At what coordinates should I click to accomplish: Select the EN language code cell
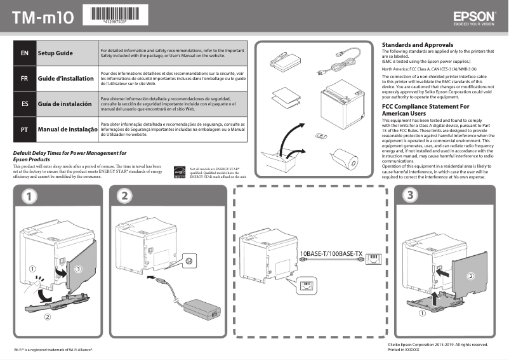(x=24, y=53)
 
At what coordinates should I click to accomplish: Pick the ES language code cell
(x=24, y=103)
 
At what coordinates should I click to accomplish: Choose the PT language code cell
(x=24, y=129)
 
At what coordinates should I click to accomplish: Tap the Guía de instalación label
(x=66, y=103)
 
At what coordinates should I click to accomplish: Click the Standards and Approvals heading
(x=417, y=45)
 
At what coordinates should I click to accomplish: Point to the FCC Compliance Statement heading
(x=425, y=110)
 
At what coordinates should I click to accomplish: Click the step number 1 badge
(x=28, y=197)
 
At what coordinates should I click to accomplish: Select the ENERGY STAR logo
(x=180, y=172)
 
